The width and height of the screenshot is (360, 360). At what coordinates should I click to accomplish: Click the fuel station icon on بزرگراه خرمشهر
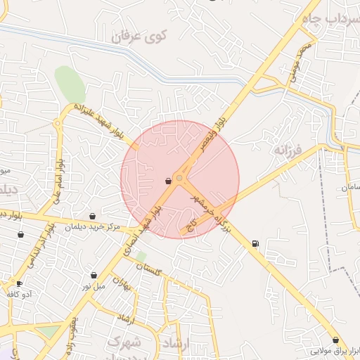[255, 244]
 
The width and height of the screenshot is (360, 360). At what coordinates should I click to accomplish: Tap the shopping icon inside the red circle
[168, 181]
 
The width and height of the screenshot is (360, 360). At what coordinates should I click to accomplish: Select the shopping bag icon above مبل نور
[94, 275]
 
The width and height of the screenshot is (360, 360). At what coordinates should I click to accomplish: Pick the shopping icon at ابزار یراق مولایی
[335, 340]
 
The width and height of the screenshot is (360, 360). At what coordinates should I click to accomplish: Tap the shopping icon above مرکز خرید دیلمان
[92, 217]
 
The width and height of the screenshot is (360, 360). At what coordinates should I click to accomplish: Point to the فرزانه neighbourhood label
[288, 150]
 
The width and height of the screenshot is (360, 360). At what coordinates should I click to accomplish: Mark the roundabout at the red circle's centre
[180, 179]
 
